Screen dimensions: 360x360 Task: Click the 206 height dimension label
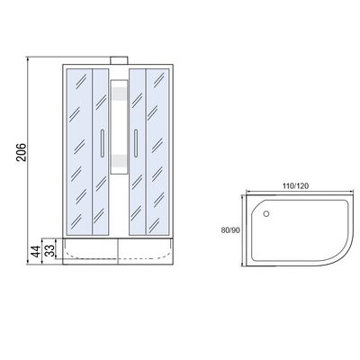pos(22,153)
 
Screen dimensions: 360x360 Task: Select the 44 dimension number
pos(36,251)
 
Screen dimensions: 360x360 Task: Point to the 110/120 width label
pos(295,186)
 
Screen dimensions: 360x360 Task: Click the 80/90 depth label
pos(230,230)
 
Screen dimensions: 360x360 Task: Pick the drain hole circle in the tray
pos(266,213)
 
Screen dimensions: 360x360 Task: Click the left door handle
pos(102,143)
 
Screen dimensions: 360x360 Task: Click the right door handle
pos(136,143)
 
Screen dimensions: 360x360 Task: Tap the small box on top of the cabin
pos(120,60)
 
